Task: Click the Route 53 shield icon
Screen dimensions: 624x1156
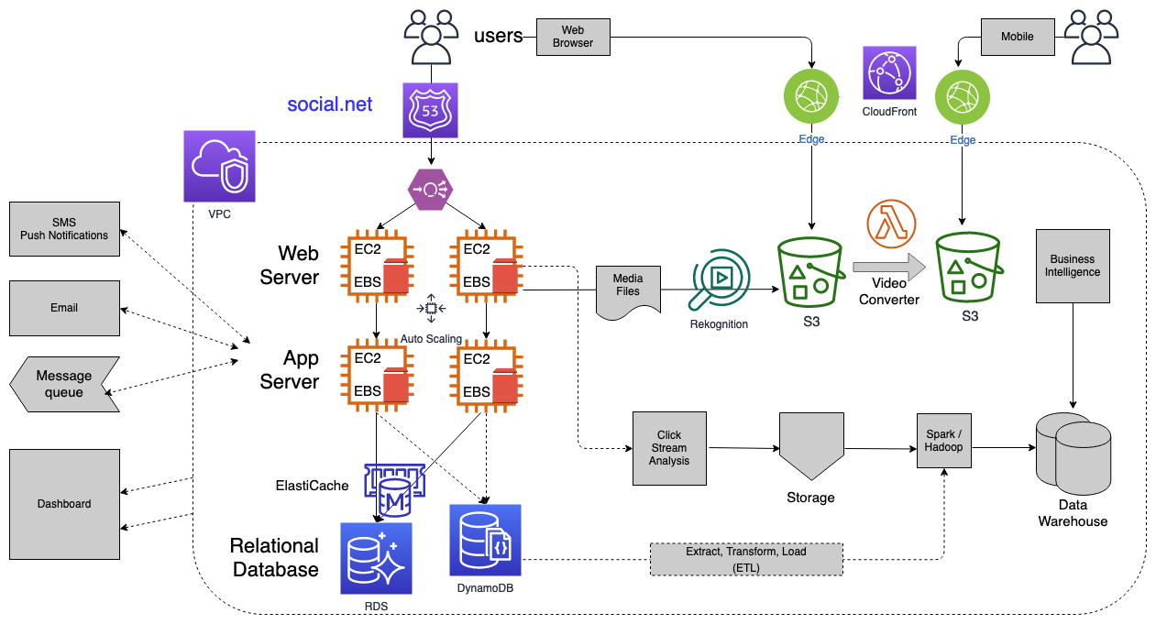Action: coord(430,111)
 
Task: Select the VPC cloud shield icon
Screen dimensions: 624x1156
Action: coord(219,166)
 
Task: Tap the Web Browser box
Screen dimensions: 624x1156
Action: coord(572,37)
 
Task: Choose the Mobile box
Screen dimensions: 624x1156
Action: coord(1017,37)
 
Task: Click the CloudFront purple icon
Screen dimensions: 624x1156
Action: coord(889,73)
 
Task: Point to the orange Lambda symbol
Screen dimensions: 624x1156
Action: coord(891,224)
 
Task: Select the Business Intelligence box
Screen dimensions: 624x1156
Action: coord(1073,266)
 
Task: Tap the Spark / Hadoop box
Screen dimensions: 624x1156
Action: coord(943,441)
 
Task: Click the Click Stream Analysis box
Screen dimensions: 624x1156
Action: coord(669,448)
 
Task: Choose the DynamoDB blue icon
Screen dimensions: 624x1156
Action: coord(485,540)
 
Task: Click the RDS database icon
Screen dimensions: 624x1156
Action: coord(376,559)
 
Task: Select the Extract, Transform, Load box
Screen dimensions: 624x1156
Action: coord(746,559)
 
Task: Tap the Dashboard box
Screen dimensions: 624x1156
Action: coord(64,503)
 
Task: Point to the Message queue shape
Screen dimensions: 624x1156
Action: coord(64,384)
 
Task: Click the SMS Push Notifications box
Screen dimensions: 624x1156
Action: coord(64,229)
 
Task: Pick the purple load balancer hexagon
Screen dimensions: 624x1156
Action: coord(430,190)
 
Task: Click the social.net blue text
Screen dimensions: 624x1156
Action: coord(330,104)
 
